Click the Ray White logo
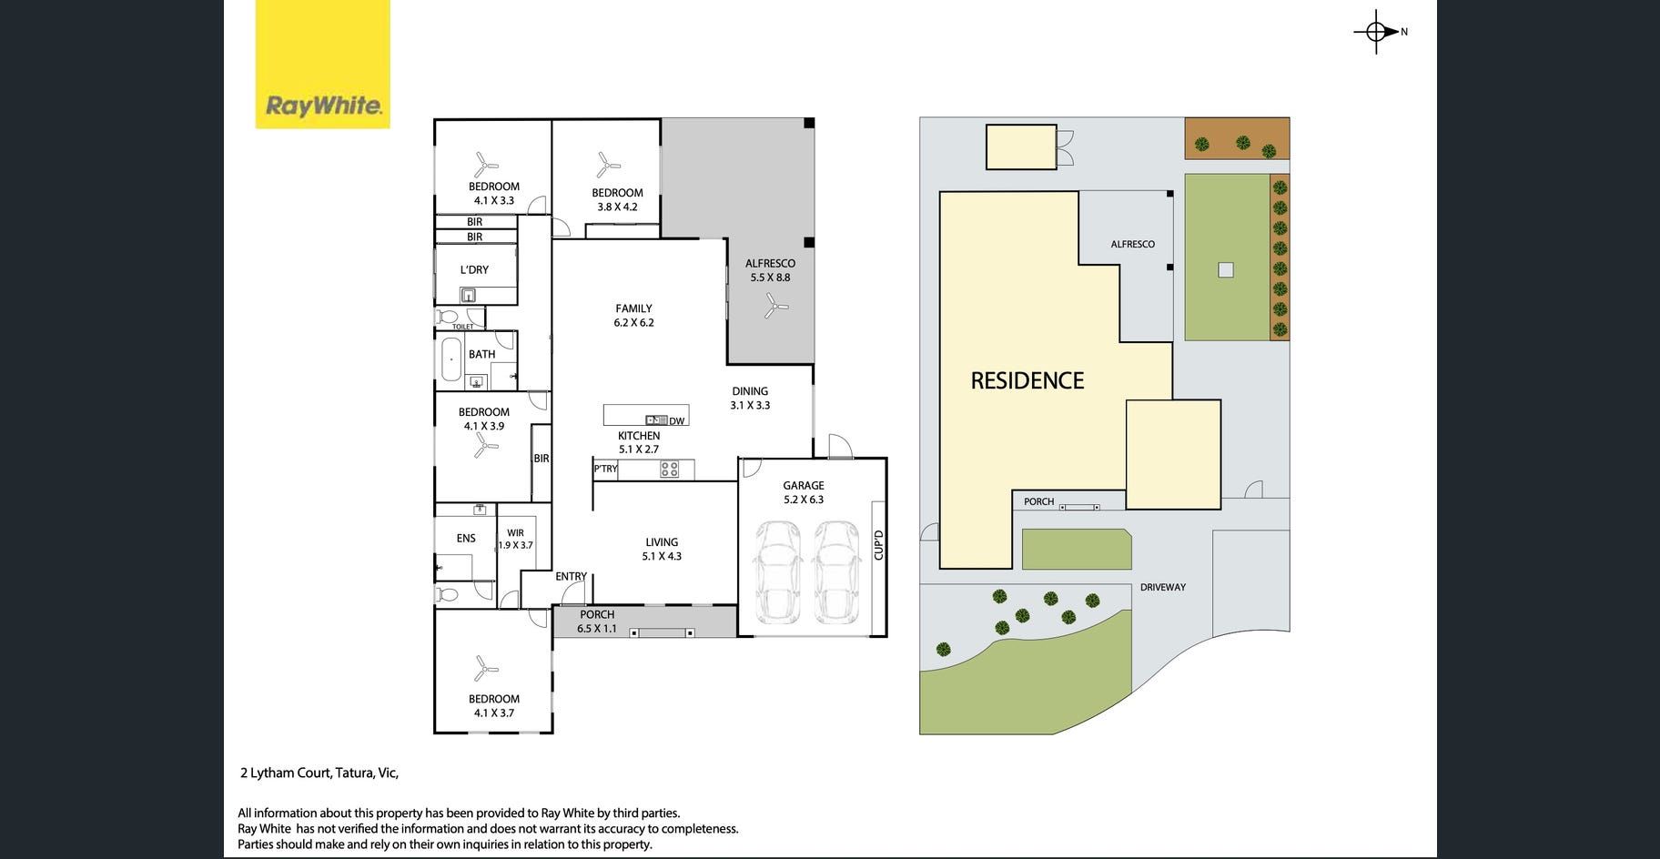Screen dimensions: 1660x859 pos(322,64)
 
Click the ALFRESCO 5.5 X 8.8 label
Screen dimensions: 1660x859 pos(770,270)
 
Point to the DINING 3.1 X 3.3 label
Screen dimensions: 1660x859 pos(750,399)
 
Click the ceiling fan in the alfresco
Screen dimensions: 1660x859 pos(775,306)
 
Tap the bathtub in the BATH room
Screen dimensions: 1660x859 pos(450,359)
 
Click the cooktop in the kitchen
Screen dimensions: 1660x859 pos(670,470)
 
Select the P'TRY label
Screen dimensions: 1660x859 pos(605,469)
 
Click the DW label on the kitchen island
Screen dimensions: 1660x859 pos(676,421)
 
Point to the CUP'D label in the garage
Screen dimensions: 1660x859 pos(878,545)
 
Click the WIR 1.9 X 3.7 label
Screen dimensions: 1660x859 pos(515,540)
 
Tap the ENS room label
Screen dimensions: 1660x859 pos(466,539)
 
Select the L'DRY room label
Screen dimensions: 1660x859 pos(474,270)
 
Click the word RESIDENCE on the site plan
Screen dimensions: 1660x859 pos(1027,380)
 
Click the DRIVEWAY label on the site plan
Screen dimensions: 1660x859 pos(1163,588)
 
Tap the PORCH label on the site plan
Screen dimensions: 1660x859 pos(1038,501)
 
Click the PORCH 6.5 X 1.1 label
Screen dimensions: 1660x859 pos(597,622)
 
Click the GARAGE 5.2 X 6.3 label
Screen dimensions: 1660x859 pos(804,492)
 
